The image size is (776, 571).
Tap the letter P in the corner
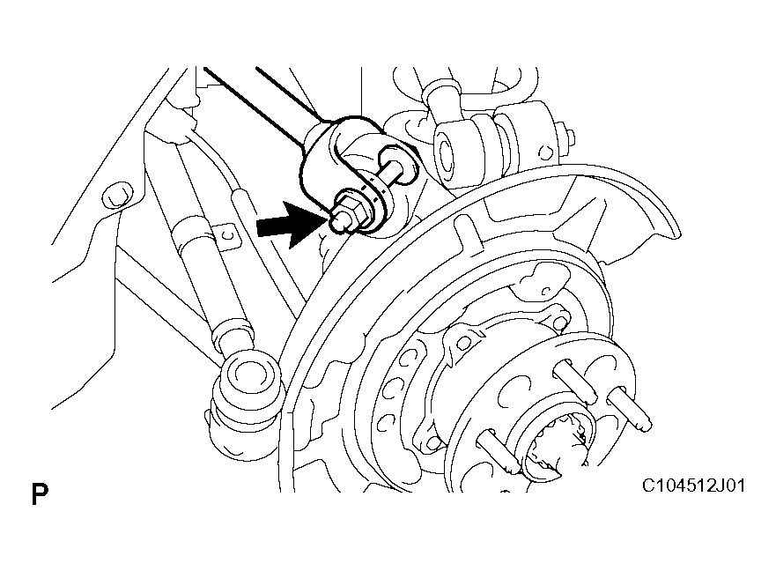click(40, 493)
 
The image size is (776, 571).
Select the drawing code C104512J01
click(693, 486)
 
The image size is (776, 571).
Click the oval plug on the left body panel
click(117, 197)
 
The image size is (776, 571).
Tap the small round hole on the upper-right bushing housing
click(545, 152)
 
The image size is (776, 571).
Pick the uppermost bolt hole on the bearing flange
click(559, 323)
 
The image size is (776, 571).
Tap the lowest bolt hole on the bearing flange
click(433, 442)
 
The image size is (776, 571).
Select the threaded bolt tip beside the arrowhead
click(338, 221)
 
